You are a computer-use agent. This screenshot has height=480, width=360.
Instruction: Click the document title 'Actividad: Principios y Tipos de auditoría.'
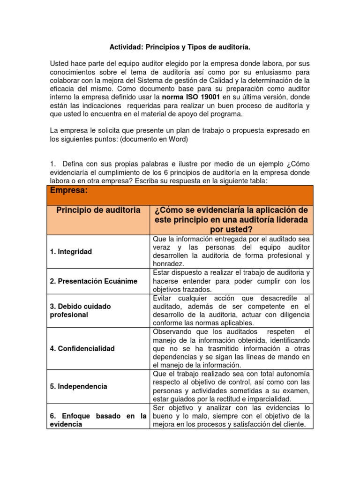pos(180,47)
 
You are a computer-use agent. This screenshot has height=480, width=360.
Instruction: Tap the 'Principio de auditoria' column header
pos(98,210)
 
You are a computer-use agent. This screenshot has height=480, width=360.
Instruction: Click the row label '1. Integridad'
pos(71,252)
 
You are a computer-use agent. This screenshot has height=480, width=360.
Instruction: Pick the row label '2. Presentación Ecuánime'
pos(94,281)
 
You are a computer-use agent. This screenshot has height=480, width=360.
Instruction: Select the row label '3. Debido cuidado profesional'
pos(80,310)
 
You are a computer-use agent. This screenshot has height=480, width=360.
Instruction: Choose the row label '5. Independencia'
pos(78,386)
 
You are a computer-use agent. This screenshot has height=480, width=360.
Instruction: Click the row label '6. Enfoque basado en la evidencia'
pos(98,420)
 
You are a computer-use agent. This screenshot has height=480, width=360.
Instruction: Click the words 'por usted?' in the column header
pos(231,229)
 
